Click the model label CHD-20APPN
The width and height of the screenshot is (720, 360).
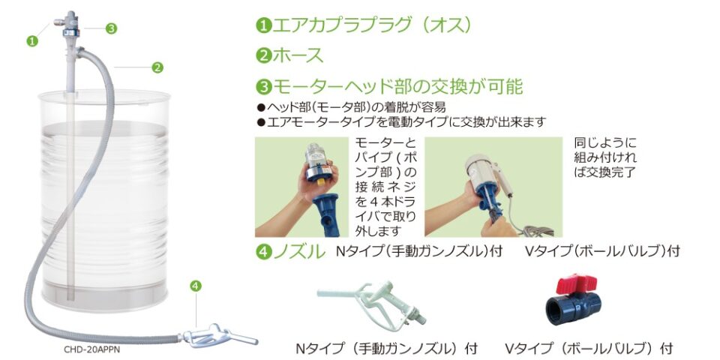(91, 349)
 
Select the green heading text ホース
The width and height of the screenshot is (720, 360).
(298, 55)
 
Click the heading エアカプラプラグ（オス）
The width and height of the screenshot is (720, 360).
(372, 25)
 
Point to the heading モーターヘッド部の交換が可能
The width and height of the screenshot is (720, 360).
(397, 85)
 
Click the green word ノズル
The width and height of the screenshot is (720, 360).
(299, 252)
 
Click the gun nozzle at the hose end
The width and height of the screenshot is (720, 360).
(220, 337)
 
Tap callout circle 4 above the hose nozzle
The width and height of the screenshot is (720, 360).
(196, 286)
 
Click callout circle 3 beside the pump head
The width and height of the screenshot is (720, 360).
(111, 28)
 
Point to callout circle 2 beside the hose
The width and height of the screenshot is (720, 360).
(157, 67)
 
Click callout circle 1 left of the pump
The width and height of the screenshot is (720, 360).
(31, 40)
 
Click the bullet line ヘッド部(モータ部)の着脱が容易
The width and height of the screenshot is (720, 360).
(351, 107)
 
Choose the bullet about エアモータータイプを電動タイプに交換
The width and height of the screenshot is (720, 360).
(402, 122)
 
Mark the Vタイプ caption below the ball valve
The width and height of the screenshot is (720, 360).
(589, 347)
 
